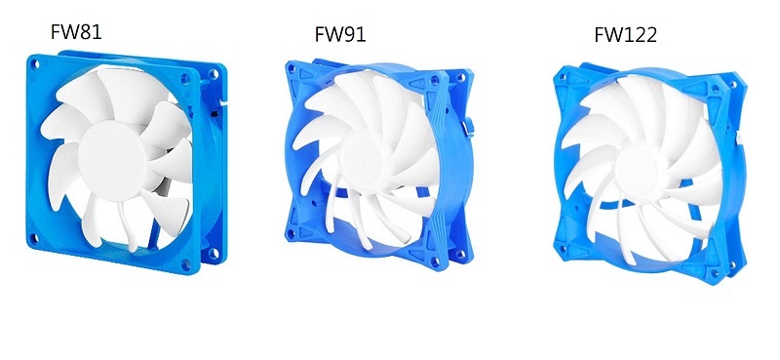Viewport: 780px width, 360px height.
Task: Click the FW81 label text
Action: point(76,32)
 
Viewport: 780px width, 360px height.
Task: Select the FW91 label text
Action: point(340,34)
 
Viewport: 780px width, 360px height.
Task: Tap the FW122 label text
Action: point(625,35)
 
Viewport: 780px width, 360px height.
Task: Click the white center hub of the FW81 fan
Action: point(112,160)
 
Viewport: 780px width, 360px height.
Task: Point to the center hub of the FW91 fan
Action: point(359,160)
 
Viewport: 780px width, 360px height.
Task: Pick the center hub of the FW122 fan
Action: point(637,171)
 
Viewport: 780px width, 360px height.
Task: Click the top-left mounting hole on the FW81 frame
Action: point(34,64)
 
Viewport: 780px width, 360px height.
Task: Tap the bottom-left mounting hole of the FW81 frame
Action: point(34,238)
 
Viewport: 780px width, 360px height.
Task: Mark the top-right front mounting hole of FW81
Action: point(185,78)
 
